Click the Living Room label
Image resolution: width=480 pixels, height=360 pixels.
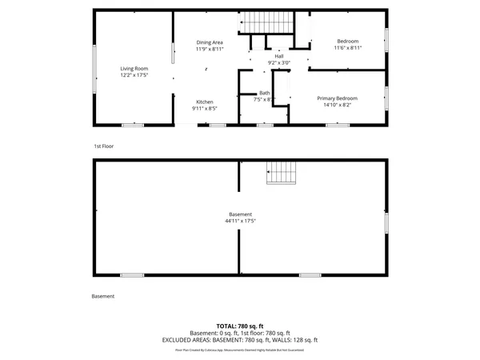(x=134, y=69)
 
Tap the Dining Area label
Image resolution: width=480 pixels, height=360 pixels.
(x=210, y=42)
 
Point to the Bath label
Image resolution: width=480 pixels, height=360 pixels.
(x=264, y=93)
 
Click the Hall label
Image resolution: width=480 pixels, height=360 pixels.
(x=279, y=56)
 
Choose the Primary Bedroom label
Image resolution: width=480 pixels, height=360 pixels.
(x=337, y=98)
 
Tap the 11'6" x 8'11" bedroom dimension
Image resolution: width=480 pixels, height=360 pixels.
(x=347, y=48)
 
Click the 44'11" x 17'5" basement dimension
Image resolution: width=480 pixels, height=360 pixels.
(x=240, y=221)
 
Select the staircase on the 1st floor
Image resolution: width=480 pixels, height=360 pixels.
(x=258, y=24)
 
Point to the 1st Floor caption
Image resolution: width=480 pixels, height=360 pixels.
(x=104, y=146)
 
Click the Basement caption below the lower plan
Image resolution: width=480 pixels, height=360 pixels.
(x=103, y=297)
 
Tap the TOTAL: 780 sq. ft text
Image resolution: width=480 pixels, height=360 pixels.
(x=240, y=326)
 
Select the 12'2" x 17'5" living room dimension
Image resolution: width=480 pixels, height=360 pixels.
(x=134, y=76)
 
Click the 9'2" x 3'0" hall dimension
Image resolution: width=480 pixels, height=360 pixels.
(x=279, y=62)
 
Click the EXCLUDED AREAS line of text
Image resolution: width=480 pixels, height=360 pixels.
(x=240, y=340)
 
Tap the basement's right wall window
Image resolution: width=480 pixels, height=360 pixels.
(x=387, y=222)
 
